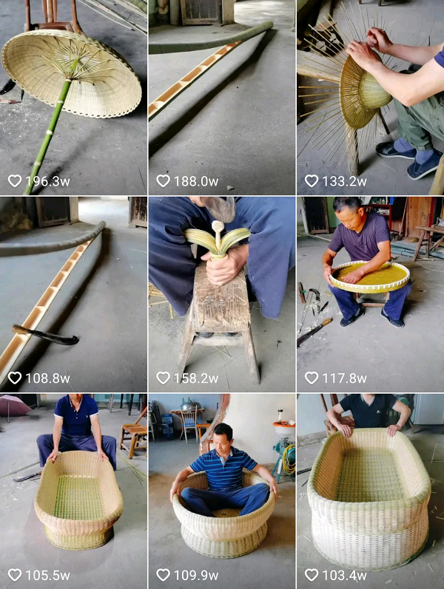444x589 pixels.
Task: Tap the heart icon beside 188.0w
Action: point(163,180)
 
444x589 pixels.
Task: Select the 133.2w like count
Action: point(344,182)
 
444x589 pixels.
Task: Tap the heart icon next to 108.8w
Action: point(15,378)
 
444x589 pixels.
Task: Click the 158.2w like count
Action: point(195,378)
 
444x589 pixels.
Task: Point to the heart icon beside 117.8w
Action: point(312,378)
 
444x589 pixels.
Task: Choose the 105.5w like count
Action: point(47,575)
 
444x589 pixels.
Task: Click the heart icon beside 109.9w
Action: point(163,574)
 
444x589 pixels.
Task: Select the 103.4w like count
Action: point(344,575)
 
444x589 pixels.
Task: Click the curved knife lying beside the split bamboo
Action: point(45,335)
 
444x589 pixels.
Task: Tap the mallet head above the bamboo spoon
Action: point(220,209)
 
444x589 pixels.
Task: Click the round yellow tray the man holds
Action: point(369,277)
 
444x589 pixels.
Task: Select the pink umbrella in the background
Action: point(14,406)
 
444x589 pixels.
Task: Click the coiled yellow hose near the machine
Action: point(289,460)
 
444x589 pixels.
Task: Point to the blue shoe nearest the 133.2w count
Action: point(425,166)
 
